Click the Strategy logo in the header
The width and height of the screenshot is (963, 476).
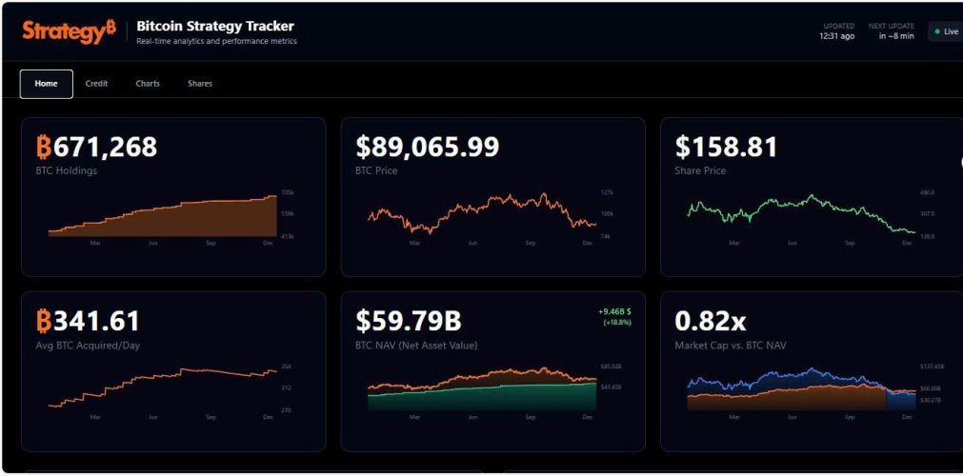point(69,31)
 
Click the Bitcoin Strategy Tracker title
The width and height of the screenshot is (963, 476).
point(215,26)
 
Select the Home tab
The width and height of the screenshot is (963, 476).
point(46,84)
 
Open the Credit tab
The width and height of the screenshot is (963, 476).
point(96,84)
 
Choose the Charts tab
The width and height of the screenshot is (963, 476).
point(148,84)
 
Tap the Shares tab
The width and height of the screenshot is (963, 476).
point(200,84)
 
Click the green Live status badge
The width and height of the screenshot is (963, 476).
point(947,31)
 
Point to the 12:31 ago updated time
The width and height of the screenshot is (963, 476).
point(836,36)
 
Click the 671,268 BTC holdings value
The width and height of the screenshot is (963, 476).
point(96,147)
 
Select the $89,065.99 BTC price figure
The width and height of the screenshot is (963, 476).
point(427,147)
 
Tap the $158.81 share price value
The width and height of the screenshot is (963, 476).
point(726,147)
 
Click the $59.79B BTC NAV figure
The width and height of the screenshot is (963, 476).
point(409,321)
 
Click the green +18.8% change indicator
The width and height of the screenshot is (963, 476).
point(616,322)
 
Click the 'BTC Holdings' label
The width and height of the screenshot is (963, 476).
point(66,171)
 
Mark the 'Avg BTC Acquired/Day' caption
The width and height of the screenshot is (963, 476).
point(88,346)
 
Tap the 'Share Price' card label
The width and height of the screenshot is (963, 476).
point(700,171)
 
